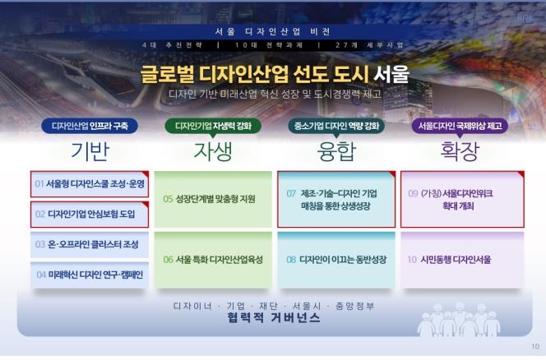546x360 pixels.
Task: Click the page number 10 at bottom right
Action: tap(535, 346)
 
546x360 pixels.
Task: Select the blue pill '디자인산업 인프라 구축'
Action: tap(90, 126)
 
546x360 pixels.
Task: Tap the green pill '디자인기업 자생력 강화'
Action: tap(213, 126)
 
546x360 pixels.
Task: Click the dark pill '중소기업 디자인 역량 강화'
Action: tap(336, 126)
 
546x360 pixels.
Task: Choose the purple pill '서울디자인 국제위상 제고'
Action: tap(460, 126)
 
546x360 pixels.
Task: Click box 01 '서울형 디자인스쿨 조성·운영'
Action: tap(90, 183)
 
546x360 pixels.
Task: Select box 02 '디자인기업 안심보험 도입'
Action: tap(90, 214)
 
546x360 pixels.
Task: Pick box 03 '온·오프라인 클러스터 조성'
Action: tap(90, 244)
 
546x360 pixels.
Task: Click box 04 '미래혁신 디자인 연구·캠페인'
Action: tap(90, 274)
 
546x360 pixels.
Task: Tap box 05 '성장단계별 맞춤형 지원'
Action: tap(213, 199)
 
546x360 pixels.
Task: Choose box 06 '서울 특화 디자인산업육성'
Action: tap(213, 260)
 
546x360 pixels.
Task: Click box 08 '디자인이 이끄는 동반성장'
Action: tap(336, 260)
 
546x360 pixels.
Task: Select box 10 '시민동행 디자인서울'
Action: tap(460, 260)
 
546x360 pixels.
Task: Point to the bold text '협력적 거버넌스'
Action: tap(272, 318)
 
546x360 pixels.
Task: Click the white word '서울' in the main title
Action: tap(391, 75)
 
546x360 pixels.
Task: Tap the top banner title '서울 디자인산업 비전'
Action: tap(272, 31)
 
